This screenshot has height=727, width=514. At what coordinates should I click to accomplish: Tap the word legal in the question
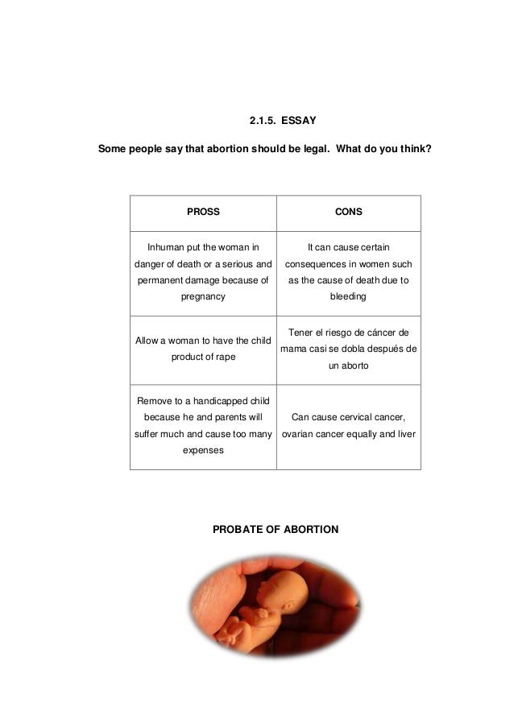(x=307, y=149)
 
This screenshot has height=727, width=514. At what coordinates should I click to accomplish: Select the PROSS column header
(x=203, y=213)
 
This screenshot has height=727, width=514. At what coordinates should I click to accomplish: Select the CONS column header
(x=348, y=213)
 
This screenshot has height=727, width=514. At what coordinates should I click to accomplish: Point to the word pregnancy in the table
(x=203, y=296)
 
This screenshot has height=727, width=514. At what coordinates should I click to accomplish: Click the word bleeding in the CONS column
(x=348, y=296)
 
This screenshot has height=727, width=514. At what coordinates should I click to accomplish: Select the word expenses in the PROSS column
(x=203, y=452)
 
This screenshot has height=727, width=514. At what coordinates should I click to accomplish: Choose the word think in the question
(x=412, y=149)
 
